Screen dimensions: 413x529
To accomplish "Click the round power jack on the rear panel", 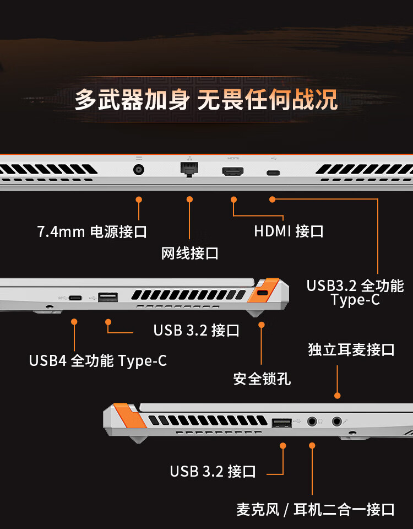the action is (x=139, y=169).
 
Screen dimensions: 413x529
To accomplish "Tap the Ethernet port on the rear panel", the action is (x=189, y=169).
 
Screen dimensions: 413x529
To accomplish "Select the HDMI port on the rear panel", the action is (x=232, y=171).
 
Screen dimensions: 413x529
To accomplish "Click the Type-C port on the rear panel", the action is (x=273, y=173).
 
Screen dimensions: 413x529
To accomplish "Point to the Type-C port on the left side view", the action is (x=75, y=298).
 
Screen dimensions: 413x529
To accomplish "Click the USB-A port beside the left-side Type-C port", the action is (x=108, y=297).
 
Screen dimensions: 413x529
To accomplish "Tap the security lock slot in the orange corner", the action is (x=262, y=293).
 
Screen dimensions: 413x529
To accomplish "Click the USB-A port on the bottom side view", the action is (x=282, y=423).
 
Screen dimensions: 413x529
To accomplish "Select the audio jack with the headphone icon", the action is (x=312, y=422).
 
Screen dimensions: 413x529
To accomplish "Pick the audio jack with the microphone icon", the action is (x=337, y=422).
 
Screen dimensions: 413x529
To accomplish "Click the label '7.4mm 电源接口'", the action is (x=92, y=232).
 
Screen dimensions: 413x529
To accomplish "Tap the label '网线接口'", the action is (x=189, y=253).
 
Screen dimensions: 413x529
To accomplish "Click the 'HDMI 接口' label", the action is (x=289, y=231).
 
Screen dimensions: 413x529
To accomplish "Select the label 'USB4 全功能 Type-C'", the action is (x=98, y=360).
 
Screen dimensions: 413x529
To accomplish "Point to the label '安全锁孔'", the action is (x=262, y=379).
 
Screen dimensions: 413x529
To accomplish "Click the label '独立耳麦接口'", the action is (x=351, y=350).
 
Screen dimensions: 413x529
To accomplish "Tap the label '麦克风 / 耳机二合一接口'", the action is (x=315, y=509).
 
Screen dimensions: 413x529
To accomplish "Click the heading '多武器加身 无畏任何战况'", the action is (x=206, y=100).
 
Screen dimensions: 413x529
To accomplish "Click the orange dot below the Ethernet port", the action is (x=189, y=199).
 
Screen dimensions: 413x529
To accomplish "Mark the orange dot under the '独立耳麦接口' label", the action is (x=337, y=396).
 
